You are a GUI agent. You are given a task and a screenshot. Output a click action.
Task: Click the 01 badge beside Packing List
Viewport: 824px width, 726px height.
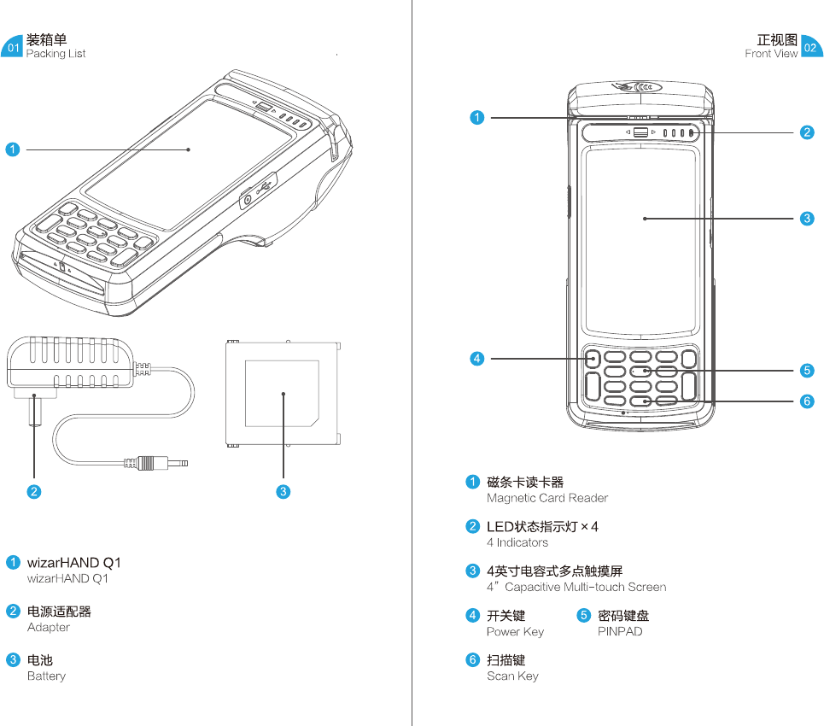(13, 48)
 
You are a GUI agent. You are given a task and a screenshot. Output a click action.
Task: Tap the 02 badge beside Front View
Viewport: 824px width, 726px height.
(810, 48)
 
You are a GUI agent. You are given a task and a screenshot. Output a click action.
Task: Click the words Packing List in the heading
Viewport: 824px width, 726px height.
(56, 54)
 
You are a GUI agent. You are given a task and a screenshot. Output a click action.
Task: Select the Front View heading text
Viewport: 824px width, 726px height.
(771, 54)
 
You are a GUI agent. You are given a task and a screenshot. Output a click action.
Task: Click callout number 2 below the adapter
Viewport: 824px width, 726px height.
(34, 491)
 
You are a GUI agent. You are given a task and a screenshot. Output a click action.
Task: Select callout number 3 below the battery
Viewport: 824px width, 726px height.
(283, 491)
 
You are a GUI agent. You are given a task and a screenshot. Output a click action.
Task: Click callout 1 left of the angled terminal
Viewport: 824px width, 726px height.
(13, 149)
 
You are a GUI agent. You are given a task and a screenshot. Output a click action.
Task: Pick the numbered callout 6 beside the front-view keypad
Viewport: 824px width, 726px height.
(807, 401)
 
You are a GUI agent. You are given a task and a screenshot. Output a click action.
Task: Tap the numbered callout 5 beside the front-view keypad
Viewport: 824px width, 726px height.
(807, 371)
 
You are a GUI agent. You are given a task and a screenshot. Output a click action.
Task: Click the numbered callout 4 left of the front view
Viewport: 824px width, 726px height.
(477, 359)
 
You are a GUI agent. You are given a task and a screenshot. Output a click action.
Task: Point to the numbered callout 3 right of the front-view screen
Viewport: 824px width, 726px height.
(807, 219)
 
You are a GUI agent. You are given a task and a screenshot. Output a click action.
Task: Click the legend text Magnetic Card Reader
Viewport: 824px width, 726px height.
(547, 498)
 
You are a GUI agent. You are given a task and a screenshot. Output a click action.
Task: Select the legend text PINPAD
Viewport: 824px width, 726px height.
(620, 631)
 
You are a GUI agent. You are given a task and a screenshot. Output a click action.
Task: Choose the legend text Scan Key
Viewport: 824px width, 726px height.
(512, 676)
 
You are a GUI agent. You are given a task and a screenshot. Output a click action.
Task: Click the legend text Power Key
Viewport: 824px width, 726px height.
(515, 631)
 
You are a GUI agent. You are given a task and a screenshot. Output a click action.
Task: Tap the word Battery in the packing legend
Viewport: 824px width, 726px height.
(46, 676)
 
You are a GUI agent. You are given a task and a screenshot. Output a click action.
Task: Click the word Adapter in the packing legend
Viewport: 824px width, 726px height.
(49, 627)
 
